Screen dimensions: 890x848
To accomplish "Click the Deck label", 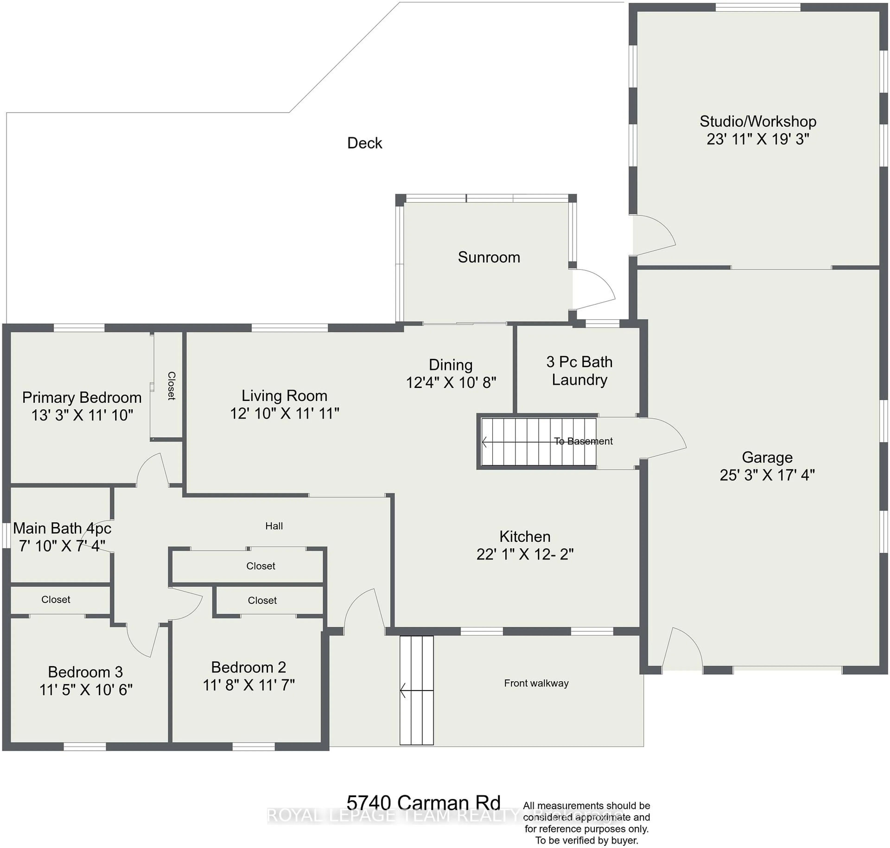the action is pos(365,143).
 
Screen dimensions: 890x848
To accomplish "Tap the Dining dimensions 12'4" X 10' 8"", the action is pos(451,383).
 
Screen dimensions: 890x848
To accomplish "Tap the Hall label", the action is pos(274,526).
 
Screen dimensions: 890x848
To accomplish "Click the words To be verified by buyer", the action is pos(587,840).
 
